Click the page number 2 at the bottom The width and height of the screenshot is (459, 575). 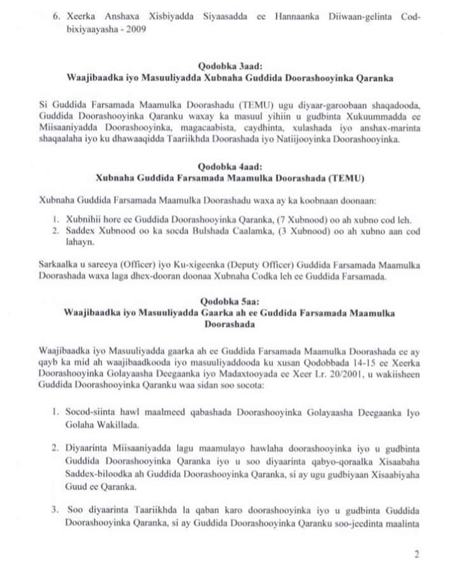[x=416, y=555]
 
